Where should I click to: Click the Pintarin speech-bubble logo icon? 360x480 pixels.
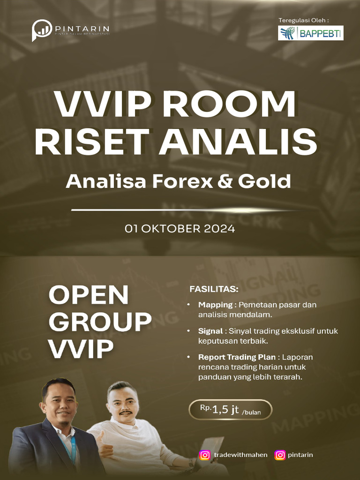42,30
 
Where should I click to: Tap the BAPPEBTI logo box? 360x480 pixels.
310,33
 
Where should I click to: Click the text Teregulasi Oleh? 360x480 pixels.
303,20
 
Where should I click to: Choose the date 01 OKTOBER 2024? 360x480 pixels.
180,229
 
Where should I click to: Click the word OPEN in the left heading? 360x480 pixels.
89,295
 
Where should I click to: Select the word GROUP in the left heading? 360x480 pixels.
100,322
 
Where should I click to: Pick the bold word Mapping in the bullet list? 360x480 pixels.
215,305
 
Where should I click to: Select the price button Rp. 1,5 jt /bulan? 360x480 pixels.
230,409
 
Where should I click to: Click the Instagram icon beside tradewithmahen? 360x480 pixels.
205,455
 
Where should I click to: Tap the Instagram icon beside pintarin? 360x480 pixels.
280,455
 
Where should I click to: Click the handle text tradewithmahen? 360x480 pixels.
240,455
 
